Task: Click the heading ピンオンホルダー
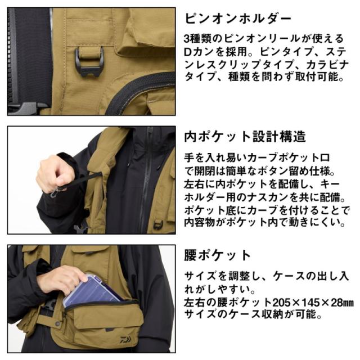point(238,19)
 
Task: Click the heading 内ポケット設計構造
point(245,137)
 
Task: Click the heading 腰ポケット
point(217,255)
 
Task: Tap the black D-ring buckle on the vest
point(89,62)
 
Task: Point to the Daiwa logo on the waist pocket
point(125,339)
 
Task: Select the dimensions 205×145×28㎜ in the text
point(313,303)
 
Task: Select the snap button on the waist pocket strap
point(57,323)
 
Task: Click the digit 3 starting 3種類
point(187,39)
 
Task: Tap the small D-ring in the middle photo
point(158,224)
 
